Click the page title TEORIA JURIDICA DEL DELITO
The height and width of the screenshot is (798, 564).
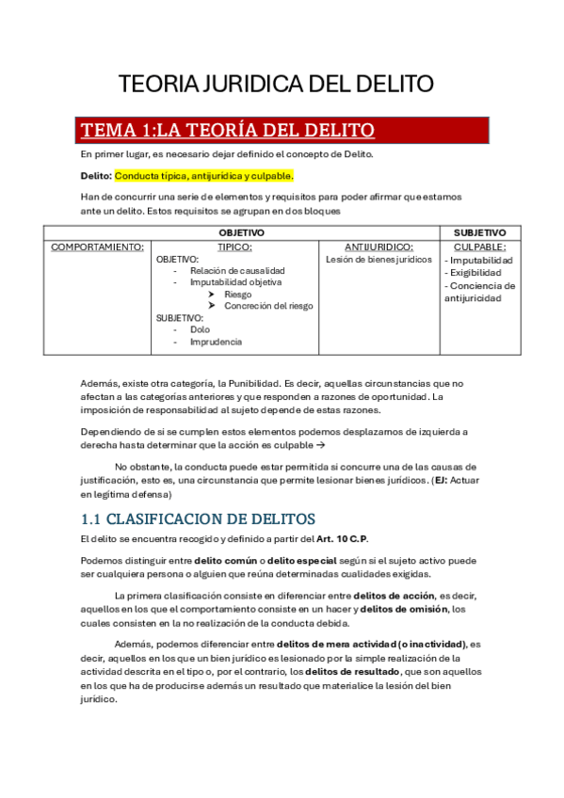click(x=276, y=85)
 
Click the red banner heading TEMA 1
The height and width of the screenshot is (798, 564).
click(x=228, y=130)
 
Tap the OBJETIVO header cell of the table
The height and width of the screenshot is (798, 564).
click(x=241, y=232)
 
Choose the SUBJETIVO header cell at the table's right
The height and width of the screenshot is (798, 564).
click(x=479, y=232)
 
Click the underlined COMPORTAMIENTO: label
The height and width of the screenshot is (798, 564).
click(x=98, y=247)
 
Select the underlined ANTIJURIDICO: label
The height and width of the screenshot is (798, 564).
click(x=379, y=247)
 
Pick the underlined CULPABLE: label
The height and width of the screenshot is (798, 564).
click(x=479, y=247)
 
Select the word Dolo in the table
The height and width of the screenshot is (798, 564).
click(x=200, y=329)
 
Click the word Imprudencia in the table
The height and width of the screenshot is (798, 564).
click(x=216, y=342)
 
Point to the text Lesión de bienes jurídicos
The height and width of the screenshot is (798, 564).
click(x=379, y=259)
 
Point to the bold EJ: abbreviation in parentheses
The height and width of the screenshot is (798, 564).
click(x=441, y=480)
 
